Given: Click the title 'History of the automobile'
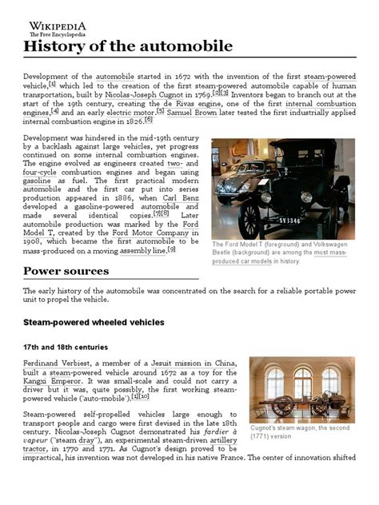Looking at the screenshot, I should [x=127, y=46].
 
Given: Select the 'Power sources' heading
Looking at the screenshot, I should [x=66, y=270].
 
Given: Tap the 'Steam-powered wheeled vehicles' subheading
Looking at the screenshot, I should [x=94, y=322].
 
